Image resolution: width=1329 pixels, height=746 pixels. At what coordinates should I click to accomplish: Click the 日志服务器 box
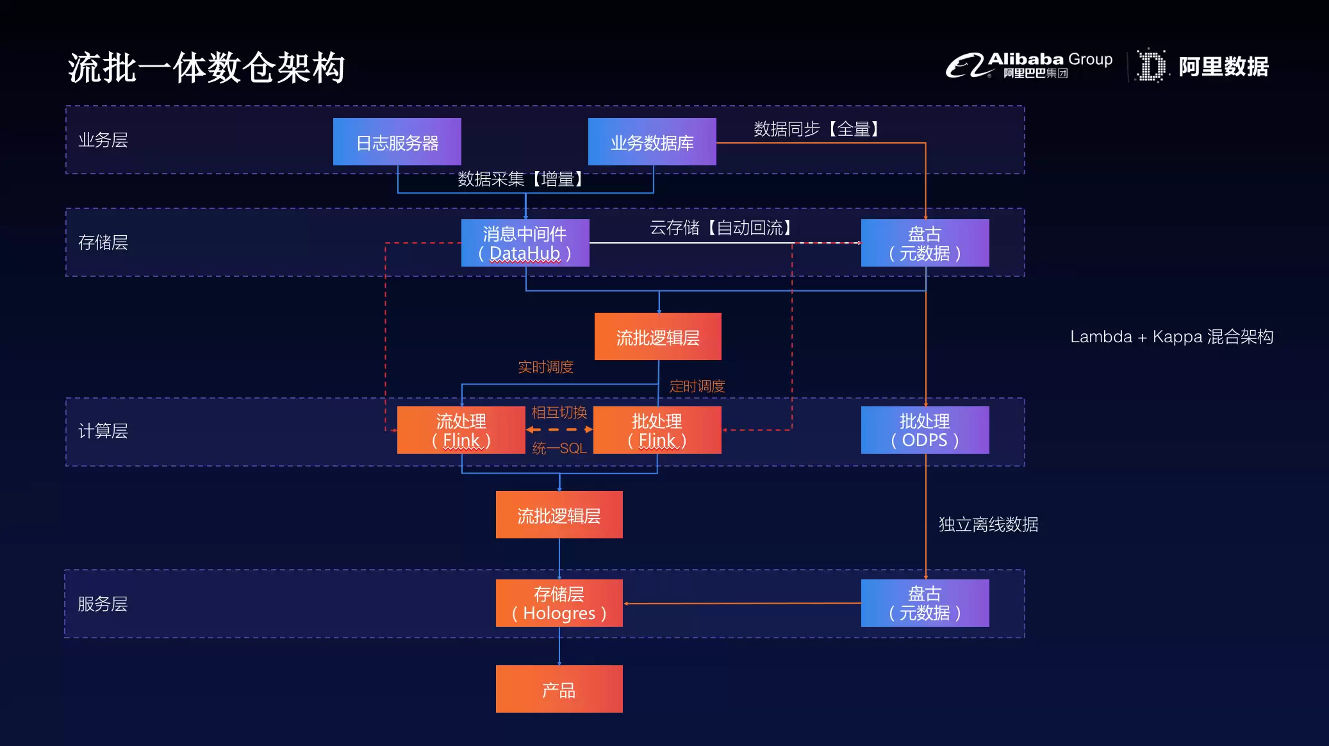click(397, 142)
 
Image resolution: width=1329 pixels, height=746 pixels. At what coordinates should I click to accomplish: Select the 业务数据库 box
click(652, 142)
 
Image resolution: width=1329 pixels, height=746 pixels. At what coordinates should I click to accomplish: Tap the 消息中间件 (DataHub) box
click(525, 243)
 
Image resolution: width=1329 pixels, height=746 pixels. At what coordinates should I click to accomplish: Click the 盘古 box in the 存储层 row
click(925, 243)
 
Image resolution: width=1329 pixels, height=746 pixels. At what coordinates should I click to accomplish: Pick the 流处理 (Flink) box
click(461, 430)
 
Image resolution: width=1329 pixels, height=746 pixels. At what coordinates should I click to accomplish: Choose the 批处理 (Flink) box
click(657, 430)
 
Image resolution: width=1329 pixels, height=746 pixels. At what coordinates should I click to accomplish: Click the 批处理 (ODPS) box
click(925, 430)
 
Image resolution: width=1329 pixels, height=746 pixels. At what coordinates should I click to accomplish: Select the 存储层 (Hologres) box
click(559, 603)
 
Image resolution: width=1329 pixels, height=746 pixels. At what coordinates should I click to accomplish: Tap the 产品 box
click(559, 689)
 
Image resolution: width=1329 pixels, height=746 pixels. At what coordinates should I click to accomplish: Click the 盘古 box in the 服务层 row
click(925, 603)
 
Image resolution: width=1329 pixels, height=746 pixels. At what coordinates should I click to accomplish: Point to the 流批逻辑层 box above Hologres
click(559, 515)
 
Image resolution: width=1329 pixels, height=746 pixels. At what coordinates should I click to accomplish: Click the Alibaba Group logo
click(1029, 65)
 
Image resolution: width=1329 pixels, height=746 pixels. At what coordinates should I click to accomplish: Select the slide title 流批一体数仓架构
click(206, 67)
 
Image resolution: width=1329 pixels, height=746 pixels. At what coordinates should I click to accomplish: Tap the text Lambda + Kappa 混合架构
click(1171, 336)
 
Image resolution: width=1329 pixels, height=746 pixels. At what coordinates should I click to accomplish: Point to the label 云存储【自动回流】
click(721, 228)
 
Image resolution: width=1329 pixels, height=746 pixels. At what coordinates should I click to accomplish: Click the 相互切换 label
click(559, 412)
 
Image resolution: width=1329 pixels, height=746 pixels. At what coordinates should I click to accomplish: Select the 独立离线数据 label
click(989, 524)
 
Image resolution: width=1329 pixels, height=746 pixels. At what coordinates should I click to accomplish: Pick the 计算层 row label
click(103, 431)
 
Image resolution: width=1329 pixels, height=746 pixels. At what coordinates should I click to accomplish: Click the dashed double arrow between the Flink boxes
click(559, 429)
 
